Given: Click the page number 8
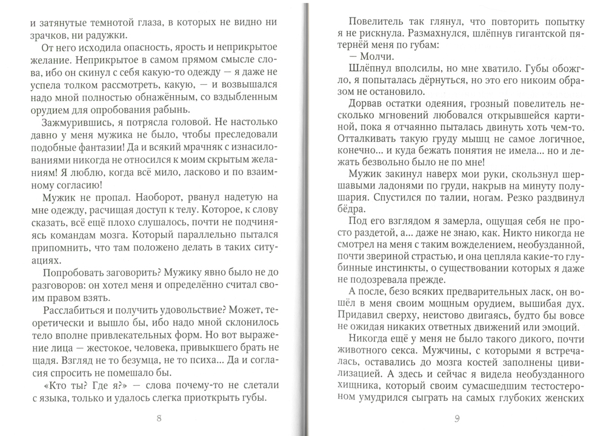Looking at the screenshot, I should coord(159,418).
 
